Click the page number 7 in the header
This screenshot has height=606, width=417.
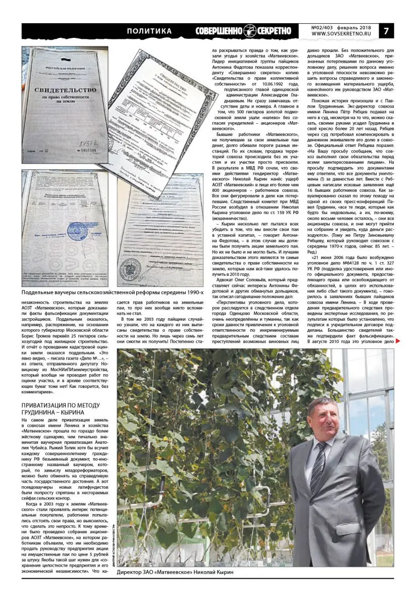386,31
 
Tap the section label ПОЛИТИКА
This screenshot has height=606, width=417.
149,31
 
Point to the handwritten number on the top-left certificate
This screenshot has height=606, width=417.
79,143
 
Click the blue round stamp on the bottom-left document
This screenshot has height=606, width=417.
76,232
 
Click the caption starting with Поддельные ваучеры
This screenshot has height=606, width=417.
112,292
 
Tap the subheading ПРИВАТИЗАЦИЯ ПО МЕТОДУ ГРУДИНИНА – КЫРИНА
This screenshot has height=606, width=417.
61,409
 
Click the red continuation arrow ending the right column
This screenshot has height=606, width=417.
398,341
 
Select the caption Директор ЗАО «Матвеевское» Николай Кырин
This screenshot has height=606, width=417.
175,572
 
